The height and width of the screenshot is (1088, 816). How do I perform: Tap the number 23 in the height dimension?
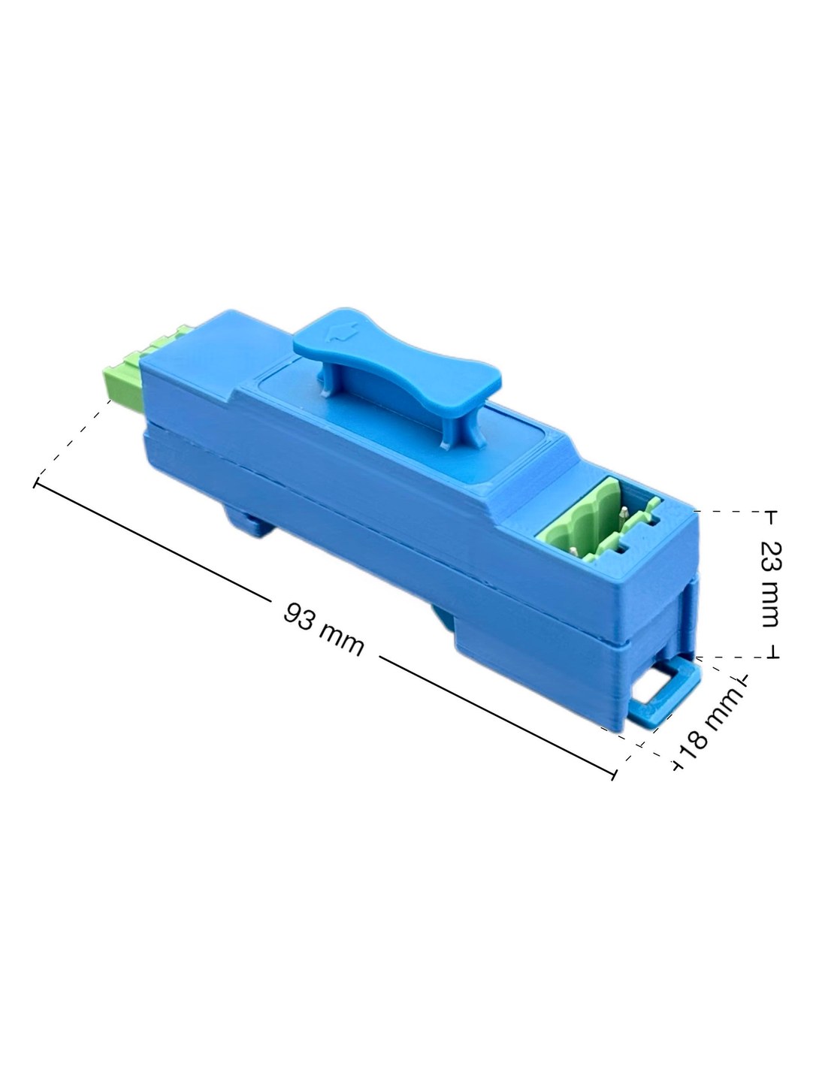click(x=770, y=554)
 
